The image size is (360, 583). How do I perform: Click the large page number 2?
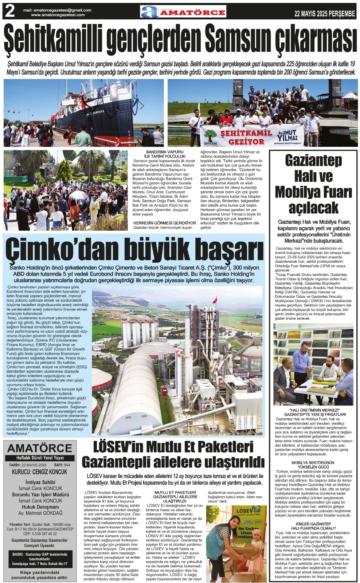tap(9, 12)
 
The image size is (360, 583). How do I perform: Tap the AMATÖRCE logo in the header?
tap(183, 12)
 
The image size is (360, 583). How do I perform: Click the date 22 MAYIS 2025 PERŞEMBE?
tap(324, 14)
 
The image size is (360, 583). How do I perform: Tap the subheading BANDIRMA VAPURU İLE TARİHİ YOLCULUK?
tap(165, 154)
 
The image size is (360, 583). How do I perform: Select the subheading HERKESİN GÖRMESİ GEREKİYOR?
tap(165, 223)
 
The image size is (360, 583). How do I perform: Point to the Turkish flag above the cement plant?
tap(215, 300)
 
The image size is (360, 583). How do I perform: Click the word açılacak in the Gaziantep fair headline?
tap(313, 208)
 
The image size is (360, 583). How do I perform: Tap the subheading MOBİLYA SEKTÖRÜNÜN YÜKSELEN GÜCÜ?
tap(313, 465)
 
